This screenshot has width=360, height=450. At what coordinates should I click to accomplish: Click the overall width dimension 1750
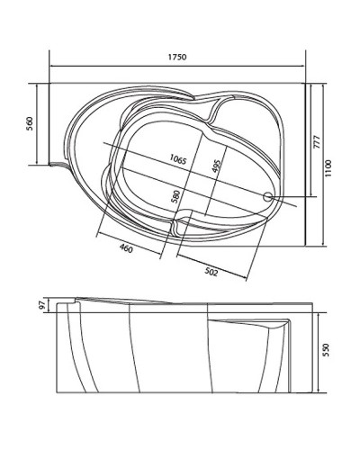tap(176, 57)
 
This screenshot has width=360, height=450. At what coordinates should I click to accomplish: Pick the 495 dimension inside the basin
tap(217, 166)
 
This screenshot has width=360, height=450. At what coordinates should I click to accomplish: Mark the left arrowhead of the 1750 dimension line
tap(51, 66)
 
